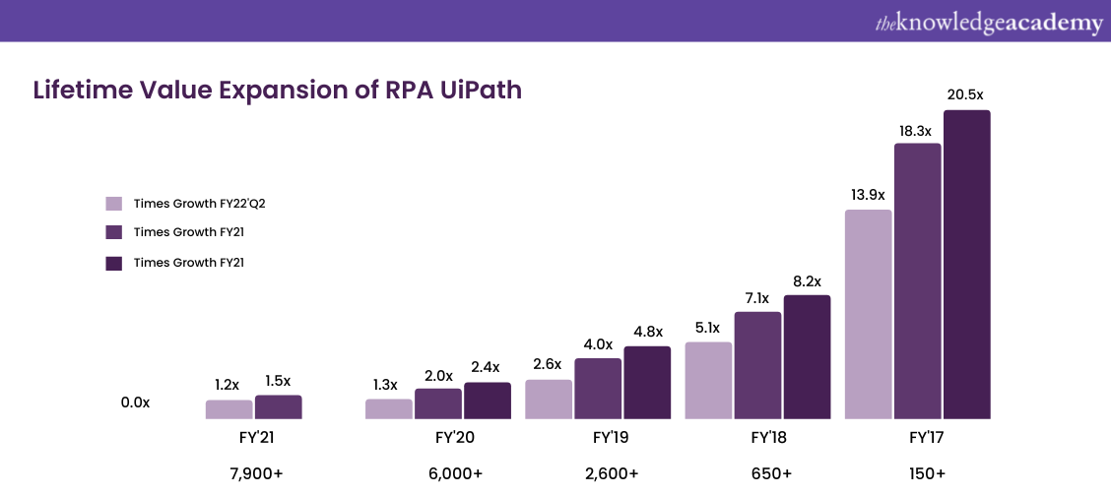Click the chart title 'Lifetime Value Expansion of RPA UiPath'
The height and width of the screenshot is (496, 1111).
pos(278,91)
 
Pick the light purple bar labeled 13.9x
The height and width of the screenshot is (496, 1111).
pos(868,314)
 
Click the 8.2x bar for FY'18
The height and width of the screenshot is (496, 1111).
pos(807,356)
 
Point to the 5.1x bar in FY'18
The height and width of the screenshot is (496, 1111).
pos(708,380)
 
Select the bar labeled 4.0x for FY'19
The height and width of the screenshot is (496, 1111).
pos(598,388)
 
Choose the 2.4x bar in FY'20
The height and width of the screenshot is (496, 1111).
pos(488,401)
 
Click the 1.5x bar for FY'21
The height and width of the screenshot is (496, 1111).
pos(278,406)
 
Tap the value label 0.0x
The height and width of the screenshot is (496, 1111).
pos(135,403)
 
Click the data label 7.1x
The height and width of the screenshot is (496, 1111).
pos(757,298)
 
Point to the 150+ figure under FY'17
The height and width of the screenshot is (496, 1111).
pos(927,473)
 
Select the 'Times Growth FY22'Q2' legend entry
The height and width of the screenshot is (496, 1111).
pos(187,204)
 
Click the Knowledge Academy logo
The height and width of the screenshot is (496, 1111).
pos(988,23)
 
